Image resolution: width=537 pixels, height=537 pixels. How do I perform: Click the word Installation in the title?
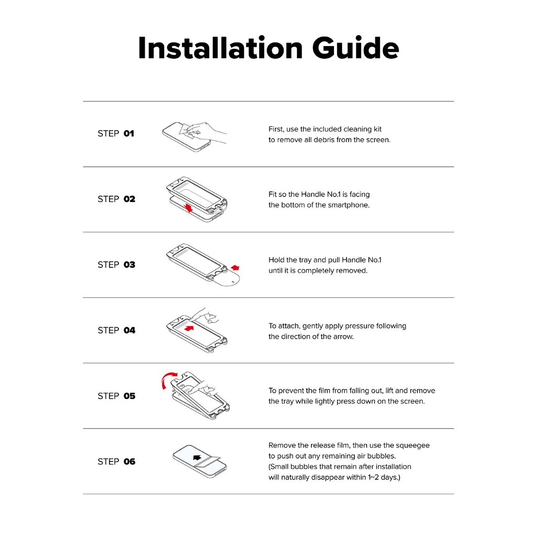click(x=220, y=48)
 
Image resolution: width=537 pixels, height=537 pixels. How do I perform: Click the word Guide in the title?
click(x=356, y=48)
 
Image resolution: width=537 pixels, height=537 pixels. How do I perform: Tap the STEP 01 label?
click(x=116, y=134)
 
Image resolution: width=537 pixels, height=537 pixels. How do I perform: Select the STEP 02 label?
click(x=116, y=199)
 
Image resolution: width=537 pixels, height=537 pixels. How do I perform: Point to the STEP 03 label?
click(x=116, y=265)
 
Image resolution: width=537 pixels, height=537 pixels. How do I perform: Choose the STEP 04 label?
click(x=116, y=330)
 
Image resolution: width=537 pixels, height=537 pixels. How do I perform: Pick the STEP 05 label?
click(x=116, y=396)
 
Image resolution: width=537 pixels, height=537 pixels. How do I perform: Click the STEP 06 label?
click(x=116, y=461)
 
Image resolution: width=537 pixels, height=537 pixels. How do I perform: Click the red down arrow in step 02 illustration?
click(x=189, y=209)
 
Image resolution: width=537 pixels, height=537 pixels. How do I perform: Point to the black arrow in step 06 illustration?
click(x=197, y=457)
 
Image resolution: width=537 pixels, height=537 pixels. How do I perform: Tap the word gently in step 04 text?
click(x=313, y=326)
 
